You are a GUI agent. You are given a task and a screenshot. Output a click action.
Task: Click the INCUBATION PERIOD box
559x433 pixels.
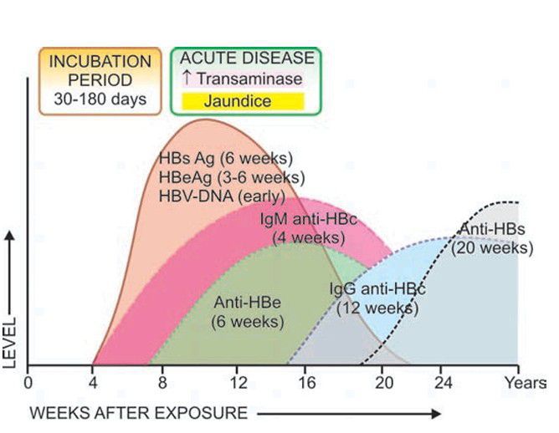100,80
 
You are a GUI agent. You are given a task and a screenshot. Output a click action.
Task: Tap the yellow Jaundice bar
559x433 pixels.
243,102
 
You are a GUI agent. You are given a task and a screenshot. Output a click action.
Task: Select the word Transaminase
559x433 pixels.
250,81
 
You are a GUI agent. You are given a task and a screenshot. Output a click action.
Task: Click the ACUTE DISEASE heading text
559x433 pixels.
247,59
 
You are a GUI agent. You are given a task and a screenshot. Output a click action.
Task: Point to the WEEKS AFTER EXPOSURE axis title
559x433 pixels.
140,412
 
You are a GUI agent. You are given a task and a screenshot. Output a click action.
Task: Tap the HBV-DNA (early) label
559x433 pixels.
221,196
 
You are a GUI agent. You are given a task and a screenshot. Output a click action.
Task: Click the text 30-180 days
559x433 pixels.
100,99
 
